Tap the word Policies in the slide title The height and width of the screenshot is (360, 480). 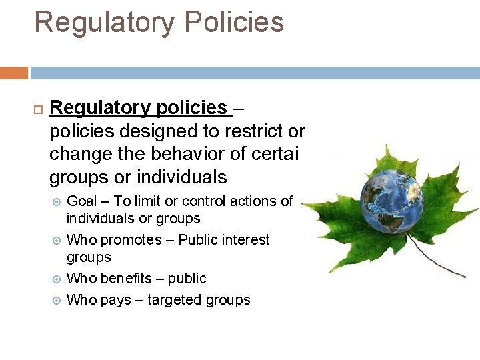pyautogui.click(x=234, y=21)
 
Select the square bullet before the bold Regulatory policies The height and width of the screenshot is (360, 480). pyautogui.click(x=37, y=109)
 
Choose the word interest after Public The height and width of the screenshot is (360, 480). pyautogui.click(x=245, y=239)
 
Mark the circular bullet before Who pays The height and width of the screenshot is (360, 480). pyautogui.click(x=56, y=300)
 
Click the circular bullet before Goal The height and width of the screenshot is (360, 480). pyautogui.click(x=56, y=201)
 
